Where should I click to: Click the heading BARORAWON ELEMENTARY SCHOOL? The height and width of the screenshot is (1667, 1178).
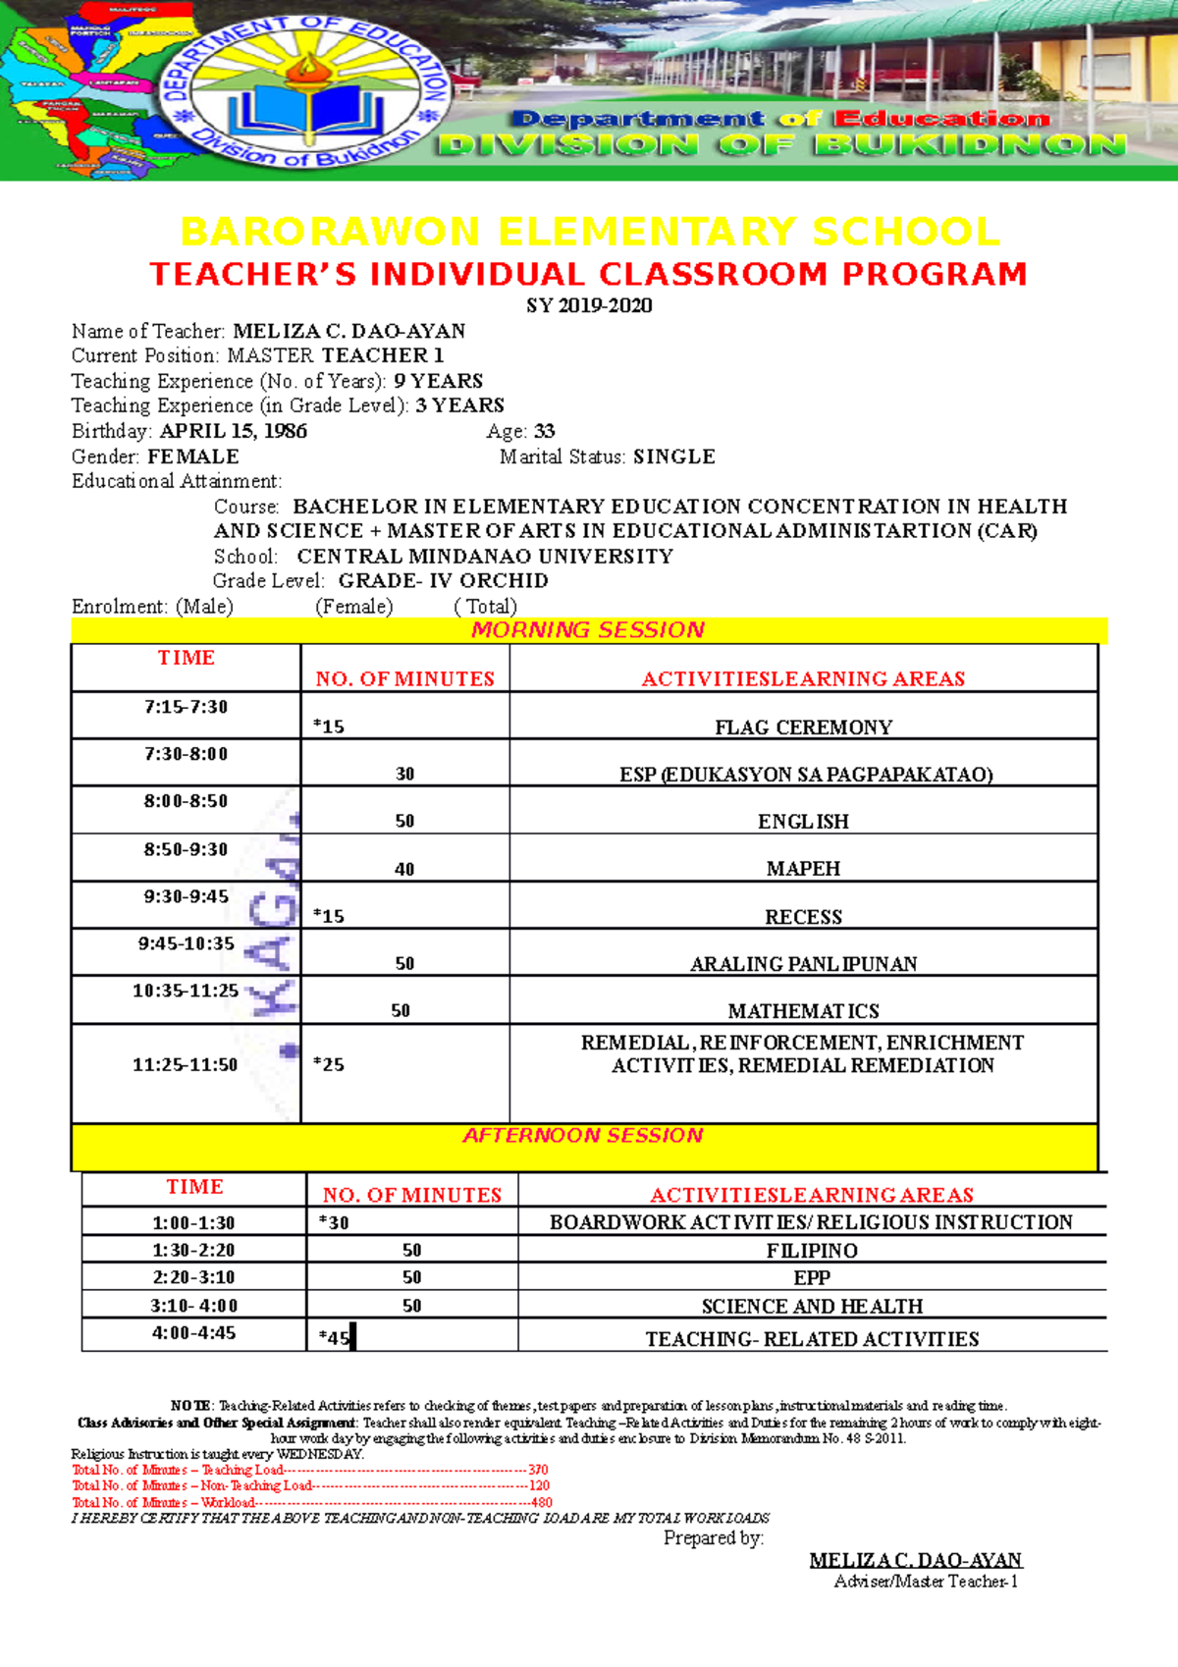(590, 233)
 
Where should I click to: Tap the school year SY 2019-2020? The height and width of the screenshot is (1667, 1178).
(589, 305)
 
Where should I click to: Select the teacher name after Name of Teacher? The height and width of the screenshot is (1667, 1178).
(348, 331)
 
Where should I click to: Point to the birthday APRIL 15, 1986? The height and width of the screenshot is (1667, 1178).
(234, 431)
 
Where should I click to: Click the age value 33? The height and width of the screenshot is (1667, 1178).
(544, 431)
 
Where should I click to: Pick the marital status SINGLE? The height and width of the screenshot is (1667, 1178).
(673, 457)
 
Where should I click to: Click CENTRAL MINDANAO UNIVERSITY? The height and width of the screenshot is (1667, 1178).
(485, 557)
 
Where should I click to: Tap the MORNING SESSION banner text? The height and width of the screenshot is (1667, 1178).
(588, 630)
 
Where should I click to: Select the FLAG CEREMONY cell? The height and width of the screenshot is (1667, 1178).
(803, 727)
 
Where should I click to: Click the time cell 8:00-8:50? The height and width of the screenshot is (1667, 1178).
(186, 801)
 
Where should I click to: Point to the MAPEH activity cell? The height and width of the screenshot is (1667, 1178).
(803, 869)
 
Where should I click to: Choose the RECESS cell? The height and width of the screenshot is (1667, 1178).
(803, 917)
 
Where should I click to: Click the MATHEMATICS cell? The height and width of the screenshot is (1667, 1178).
(803, 1011)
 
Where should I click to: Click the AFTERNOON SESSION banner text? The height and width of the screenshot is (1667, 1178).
(583, 1136)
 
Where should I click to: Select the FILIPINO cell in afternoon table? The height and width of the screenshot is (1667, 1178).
(812, 1251)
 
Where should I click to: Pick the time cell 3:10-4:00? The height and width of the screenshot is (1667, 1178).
(193, 1306)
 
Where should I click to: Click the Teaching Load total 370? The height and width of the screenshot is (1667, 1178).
(538, 1470)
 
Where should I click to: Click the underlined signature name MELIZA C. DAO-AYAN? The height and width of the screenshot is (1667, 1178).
(915, 1560)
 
